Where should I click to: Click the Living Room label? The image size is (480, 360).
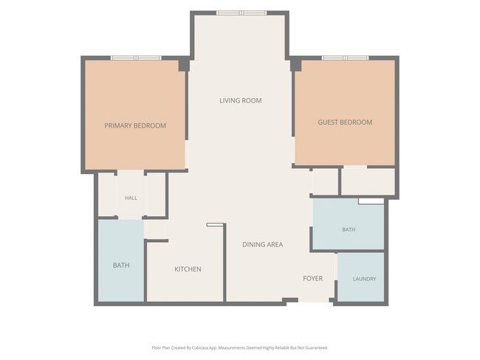click(x=240, y=100)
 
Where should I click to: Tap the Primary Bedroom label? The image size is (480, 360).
click(x=135, y=125)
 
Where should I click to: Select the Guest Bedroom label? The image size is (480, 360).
click(x=345, y=122)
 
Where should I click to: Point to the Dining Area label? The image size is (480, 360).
click(x=262, y=244)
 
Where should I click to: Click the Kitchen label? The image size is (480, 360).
click(x=188, y=269)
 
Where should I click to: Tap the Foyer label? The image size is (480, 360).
click(x=312, y=278)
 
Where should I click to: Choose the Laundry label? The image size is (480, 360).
click(x=364, y=279)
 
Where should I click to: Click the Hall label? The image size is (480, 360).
click(x=131, y=198)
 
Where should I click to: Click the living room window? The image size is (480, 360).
click(x=241, y=13)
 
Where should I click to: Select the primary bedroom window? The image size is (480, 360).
click(x=136, y=58)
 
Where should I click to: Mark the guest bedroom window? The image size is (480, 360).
click(x=346, y=58)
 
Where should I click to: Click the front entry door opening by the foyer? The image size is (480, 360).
click(x=314, y=301)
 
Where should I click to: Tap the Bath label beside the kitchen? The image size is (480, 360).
click(x=121, y=265)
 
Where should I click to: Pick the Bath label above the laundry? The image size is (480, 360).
click(x=349, y=229)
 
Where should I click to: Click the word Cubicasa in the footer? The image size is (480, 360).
click(x=200, y=347)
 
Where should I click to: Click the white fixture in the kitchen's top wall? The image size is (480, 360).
click(x=215, y=225)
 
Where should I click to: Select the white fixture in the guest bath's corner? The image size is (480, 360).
click(x=371, y=201)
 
